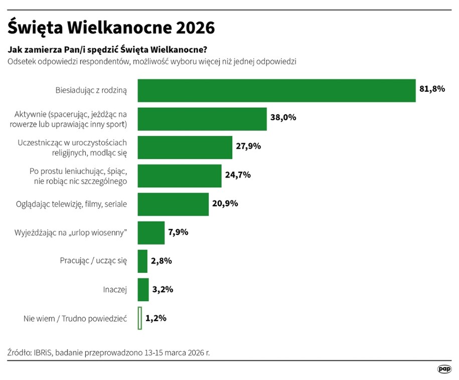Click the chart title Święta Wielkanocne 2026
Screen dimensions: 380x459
(111, 28)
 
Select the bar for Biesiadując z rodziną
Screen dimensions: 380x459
(276, 91)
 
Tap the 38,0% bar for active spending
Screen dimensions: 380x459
(202, 119)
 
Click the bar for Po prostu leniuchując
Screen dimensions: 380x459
(179, 175)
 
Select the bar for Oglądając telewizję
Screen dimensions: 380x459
(173, 204)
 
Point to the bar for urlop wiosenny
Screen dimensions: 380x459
(150, 233)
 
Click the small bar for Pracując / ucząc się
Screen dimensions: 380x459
(142, 261)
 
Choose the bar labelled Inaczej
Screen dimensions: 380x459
(143, 290)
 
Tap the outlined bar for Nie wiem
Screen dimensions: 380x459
(139, 318)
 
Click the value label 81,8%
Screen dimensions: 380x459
(432, 89)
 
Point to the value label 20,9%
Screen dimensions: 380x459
(225, 204)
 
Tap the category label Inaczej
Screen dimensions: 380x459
(115, 290)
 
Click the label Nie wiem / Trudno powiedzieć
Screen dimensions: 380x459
(75, 318)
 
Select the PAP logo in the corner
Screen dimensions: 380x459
(443, 369)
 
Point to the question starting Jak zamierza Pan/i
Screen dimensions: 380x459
(107, 50)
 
